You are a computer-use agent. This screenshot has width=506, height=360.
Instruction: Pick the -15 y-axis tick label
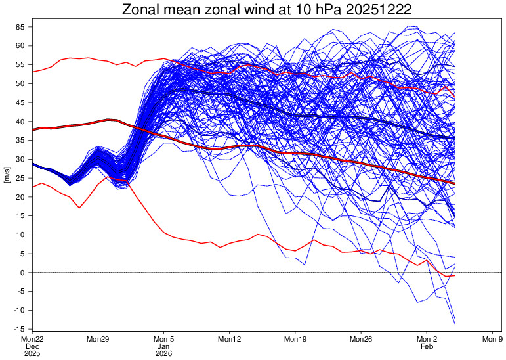click(x=19, y=329)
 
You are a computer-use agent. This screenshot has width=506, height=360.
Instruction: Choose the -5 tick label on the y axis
click(x=21, y=292)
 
